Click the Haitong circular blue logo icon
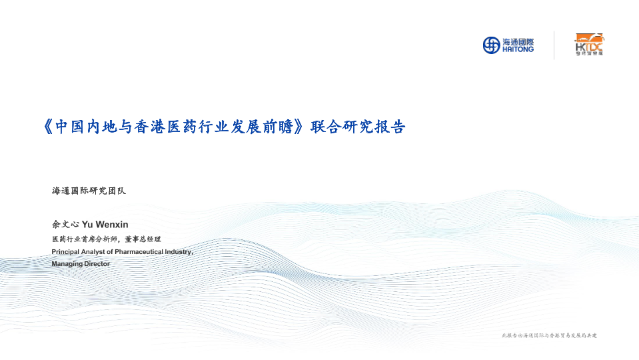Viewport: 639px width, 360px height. (x=491, y=45)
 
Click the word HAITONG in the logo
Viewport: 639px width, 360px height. (x=518, y=49)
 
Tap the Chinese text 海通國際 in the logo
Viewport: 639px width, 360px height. (x=518, y=42)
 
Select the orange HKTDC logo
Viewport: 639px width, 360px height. (x=589, y=45)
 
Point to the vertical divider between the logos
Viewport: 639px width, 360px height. (x=554, y=45)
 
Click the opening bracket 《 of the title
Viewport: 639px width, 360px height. (x=48, y=127)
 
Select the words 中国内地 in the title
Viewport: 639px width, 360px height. (x=85, y=127)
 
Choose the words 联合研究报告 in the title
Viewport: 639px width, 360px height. (x=358, y=127)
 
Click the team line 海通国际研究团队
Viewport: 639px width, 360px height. (x=89, y=191)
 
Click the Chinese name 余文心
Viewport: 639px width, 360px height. (x=65, y=224)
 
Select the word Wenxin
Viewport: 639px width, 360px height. (x=112, y=225)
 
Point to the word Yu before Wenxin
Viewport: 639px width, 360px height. (x=87, y=225)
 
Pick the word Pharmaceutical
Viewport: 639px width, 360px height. (x=139, y=252)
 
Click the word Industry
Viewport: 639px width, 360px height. (x=178, y=252)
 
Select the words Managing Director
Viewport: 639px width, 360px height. (x=81, y=264)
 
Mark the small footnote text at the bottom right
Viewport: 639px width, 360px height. (x=549, y=335)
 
